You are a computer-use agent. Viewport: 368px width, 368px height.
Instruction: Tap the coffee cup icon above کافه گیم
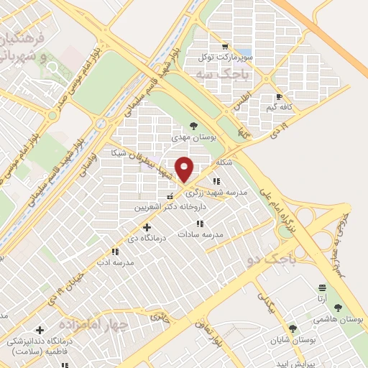279,97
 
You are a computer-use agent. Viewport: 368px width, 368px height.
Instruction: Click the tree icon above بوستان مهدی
193,126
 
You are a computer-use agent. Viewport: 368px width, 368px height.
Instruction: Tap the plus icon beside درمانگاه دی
147,228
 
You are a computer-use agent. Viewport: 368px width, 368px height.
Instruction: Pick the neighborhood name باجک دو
295,257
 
